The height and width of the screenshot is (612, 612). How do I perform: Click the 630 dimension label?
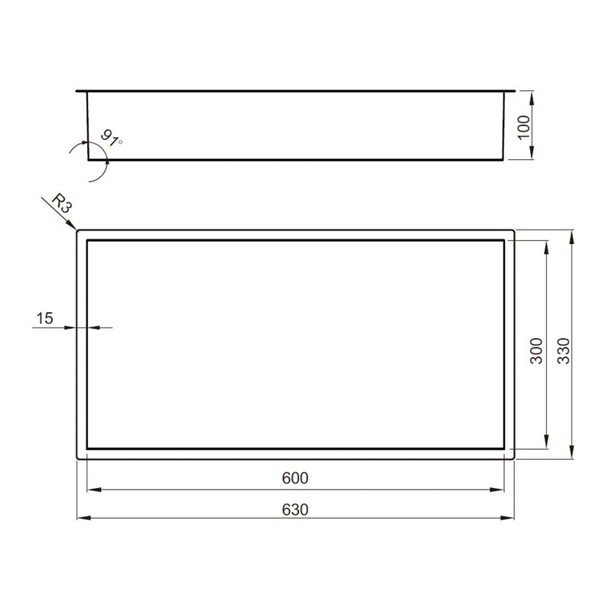[x=295, y=509]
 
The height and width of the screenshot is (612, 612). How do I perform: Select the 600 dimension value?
[x=295, y=478]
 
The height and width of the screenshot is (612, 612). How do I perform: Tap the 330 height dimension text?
[x=563, y=351]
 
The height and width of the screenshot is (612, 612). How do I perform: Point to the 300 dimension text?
[x=536, y=351]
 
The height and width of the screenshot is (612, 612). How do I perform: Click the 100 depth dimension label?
[x=524, y=127]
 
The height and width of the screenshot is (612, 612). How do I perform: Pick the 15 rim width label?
[x=44, y=318]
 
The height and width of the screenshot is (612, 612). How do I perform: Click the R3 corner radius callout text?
[x=61, y=203]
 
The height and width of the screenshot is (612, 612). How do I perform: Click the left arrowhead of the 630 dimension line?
[x=84, y=518]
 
